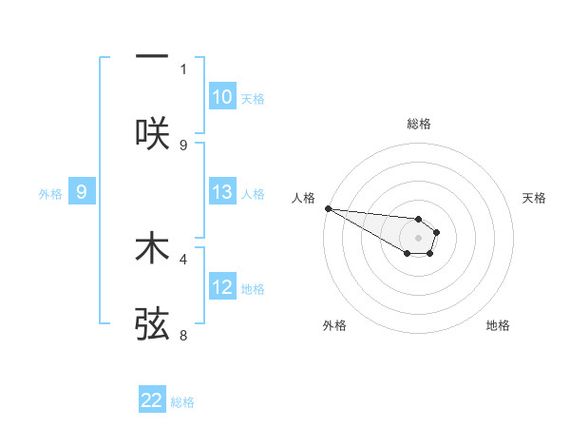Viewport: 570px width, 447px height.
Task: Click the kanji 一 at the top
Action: (x=152, y=56)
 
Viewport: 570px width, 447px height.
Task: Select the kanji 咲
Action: (x=152, y=134)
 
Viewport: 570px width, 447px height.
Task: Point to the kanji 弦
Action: (x=152, y=324)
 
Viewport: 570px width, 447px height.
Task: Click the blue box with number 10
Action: (x=222, y=97)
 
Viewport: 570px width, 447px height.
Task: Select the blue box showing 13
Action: (x=222, y=192)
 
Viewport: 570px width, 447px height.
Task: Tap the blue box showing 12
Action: (x=222, y=287)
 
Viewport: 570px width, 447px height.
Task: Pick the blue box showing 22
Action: (x=152, y=401)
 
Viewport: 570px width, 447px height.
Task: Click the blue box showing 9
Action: (x=82, y=192)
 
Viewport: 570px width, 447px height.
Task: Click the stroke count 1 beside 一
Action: (x=183, y=68)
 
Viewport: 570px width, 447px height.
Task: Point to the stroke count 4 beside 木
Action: (x=183, y=258)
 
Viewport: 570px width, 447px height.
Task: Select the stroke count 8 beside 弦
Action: (x=183, y=335)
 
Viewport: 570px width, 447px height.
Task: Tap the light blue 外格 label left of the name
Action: (x=50, y=193)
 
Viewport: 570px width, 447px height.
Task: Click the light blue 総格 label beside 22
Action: (x=182, y=402)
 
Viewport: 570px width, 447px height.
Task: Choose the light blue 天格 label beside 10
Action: (x=253, y=98)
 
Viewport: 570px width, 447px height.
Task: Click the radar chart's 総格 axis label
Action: (x=419, y=124)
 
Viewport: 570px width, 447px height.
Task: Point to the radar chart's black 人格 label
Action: (x=303, y=198)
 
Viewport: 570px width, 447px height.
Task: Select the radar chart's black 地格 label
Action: (x=498, y=325)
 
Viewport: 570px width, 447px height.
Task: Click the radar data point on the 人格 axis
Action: (x=328, y=208)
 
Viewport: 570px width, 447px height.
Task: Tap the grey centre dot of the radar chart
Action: (x=418, y=237)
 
